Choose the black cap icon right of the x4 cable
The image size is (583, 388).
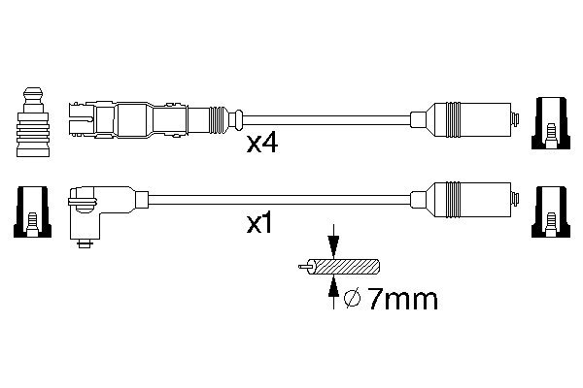549,123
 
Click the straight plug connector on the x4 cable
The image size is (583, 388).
146,120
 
